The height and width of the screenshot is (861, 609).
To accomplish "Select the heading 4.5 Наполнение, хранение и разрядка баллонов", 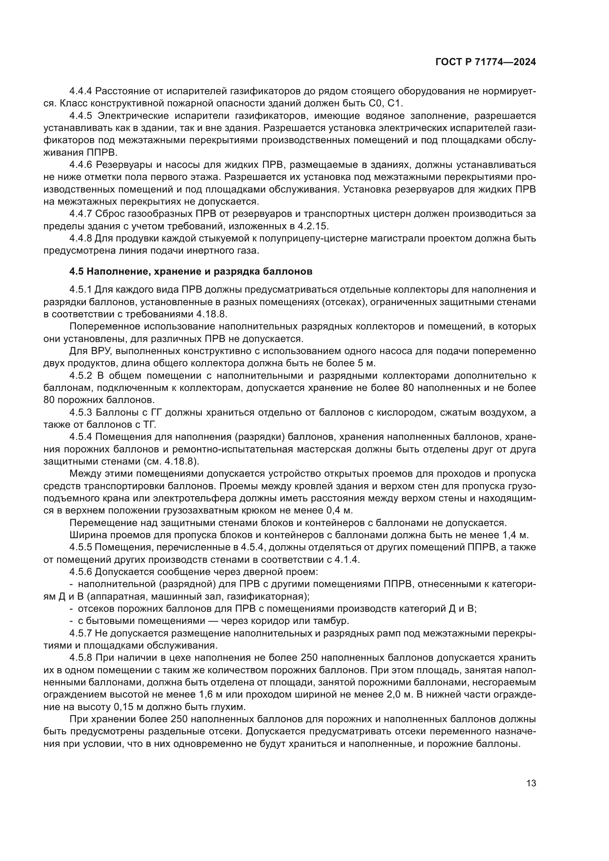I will [190, 271].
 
